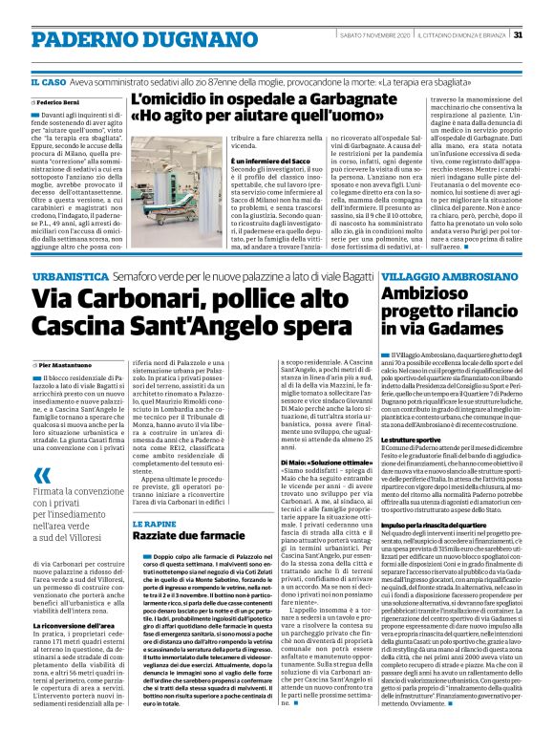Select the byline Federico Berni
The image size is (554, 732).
[60, 99]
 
